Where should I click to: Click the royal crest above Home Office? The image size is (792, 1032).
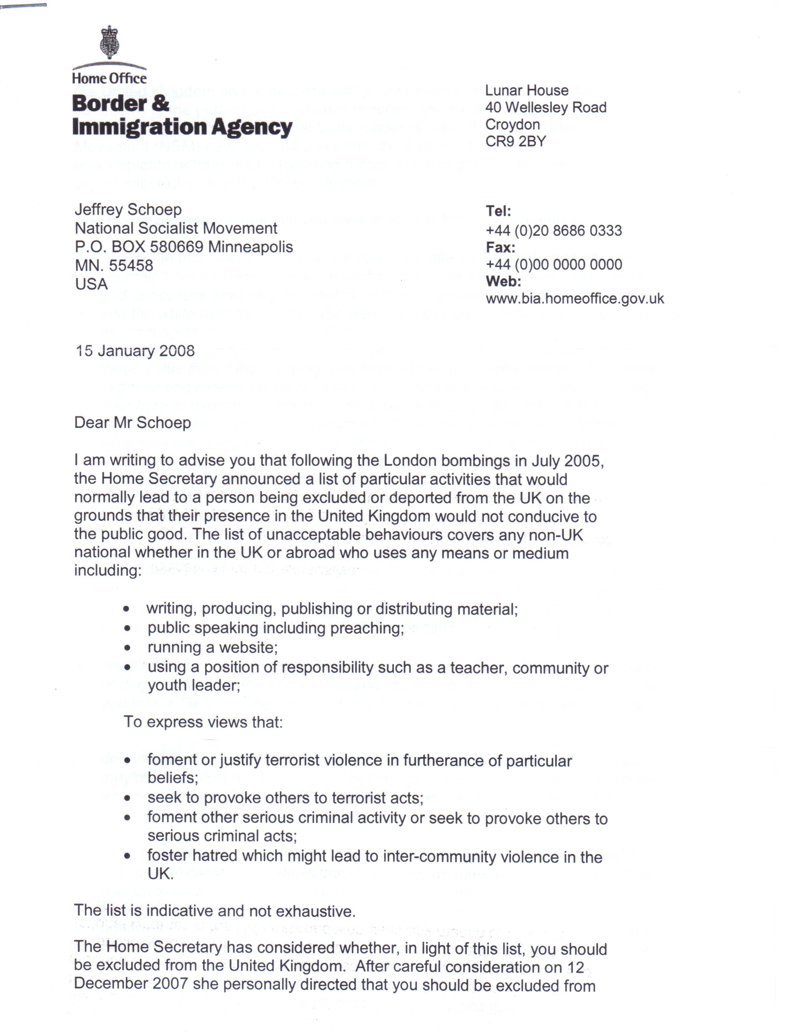[x=109, y=43]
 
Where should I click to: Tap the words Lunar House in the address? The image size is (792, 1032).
[x=527, y=90]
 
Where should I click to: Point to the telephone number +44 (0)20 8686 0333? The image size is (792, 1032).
[x=553, y=231]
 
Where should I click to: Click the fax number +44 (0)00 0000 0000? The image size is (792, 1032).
[x=553, y=265]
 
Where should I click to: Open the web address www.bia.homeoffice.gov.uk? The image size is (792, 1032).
[x=575, y=299]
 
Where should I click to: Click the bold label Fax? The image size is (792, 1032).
[x=500, y=248]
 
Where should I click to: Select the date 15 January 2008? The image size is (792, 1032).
[x=135, y=351]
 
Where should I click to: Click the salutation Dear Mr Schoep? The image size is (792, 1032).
[x=133, y=423]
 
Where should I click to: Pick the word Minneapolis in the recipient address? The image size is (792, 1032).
[x=250, y=247]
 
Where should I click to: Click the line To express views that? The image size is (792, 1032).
[x=203, y=722]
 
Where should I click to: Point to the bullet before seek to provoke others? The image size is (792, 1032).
[x=127, y=798]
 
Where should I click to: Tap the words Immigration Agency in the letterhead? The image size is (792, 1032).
[x=182, y=127]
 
